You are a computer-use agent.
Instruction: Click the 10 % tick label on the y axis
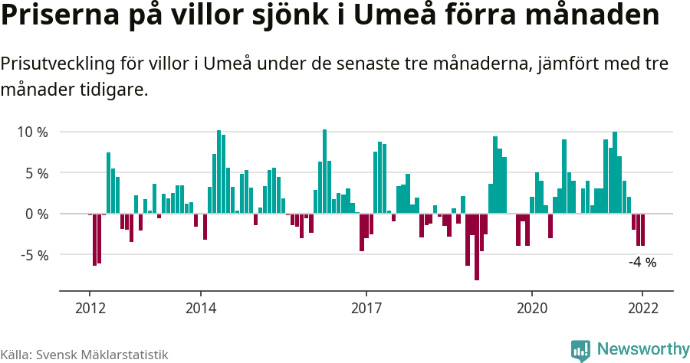click(32, 132)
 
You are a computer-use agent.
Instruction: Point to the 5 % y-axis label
click(36, 173)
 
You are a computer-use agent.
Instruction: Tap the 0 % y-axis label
click(36, 214)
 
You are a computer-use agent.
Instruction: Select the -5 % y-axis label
click(34, 254)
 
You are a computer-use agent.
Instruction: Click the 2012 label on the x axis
click(90, 308)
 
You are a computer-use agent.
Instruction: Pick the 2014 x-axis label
click(200, 308)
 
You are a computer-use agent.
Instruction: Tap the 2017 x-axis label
click(366, 308)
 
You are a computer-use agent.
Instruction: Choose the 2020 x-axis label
click(532, 308)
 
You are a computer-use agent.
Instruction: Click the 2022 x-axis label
click(642, 308)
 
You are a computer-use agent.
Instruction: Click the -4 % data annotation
click(642, 263)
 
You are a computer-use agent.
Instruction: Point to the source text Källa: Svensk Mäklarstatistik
click(84, 355)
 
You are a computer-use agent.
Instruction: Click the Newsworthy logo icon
click(580, 350)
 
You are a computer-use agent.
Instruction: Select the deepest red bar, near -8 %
click(477, 247)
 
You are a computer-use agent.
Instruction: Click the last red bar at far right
click(643, 230)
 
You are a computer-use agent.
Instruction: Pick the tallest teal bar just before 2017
click(325, 172)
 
